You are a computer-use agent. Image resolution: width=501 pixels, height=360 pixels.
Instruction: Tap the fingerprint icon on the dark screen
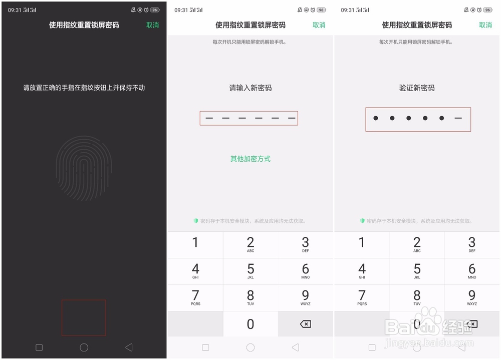point(83,168)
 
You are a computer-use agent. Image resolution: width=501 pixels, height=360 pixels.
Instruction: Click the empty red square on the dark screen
point(84,317)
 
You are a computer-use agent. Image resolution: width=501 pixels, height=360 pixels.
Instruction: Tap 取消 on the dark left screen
point(152,25)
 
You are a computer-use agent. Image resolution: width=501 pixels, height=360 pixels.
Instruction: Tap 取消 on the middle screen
point(319,25)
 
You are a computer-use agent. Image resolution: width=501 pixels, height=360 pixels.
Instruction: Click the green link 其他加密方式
point(250,159)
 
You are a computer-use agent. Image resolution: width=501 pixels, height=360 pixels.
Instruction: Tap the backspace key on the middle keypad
point(305,324)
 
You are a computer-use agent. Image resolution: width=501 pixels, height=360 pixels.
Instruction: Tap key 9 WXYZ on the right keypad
point(471,297)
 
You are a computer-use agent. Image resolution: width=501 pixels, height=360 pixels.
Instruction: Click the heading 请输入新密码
point(250,88)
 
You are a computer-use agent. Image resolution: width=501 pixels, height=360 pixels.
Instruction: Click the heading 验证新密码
point(417,88)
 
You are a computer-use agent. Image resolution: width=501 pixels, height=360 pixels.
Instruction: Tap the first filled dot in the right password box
point(376,118)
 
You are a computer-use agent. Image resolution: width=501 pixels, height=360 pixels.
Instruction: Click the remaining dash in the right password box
point(458,118)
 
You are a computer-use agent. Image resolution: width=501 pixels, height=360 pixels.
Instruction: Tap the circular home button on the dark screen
point(84,347)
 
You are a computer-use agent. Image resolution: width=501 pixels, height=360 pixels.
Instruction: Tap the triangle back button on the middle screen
point(295,347)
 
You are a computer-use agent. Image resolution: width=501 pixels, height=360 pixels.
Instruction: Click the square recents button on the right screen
point(372,347)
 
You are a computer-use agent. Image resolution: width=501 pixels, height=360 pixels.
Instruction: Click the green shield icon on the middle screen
point(196,221)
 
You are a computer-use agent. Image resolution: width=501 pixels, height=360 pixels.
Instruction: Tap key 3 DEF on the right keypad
point(471,245)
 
